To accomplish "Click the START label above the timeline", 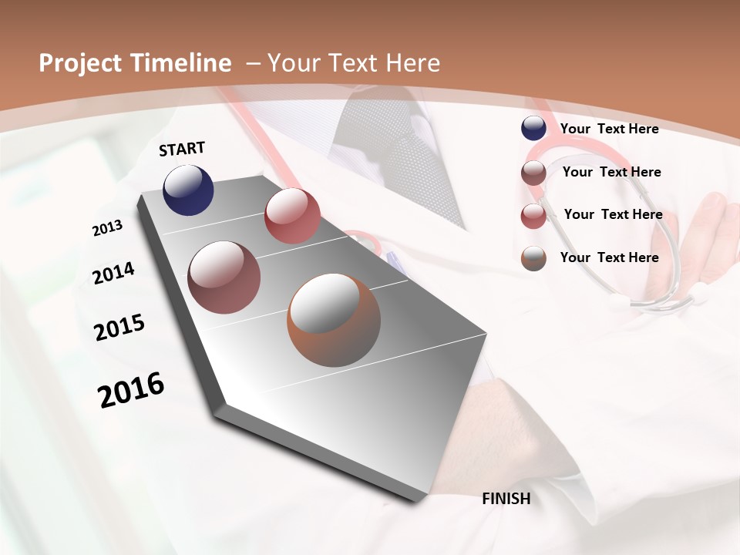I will coord(182,149).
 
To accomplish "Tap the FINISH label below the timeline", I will coord(506,499).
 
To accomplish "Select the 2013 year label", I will coord(107,228).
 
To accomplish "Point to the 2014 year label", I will coord(113,273).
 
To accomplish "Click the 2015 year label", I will coord(119,328).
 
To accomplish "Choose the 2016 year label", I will coord(131,389).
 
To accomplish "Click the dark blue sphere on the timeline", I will coord(188,190).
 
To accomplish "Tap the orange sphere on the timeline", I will coord(334,320).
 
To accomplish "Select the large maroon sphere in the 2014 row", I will coord(224,277).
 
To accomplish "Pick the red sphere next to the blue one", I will coord(292,216).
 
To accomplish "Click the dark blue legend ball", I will coord(533,129).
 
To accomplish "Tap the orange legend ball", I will coord(533,258).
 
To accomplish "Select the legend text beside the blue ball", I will coord(609,129).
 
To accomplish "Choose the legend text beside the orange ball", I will coord(609,257).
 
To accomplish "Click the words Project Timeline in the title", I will coord(135,63).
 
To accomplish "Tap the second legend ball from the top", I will coord(533,173).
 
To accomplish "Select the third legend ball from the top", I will coord(533,216).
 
